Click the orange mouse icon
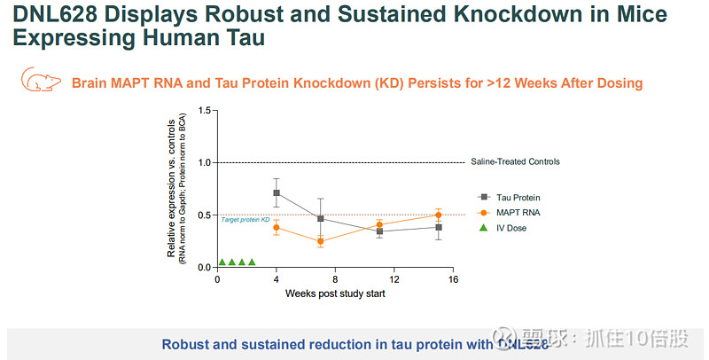click(x=40, y=81)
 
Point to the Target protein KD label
click(x=245, y=219)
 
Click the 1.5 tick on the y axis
click(x=205, y=111)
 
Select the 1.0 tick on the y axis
click(x=205, y=162)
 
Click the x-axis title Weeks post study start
click(x=334, y=293)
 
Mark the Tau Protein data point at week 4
click(x=277, y=192)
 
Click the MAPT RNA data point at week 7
click(x=320, y=241)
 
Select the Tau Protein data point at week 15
click(x=439, y=227)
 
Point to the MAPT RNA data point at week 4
click(x=277, y=228)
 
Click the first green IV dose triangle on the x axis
click(x=222, y=262)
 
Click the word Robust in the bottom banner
click(x=187, y=345)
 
